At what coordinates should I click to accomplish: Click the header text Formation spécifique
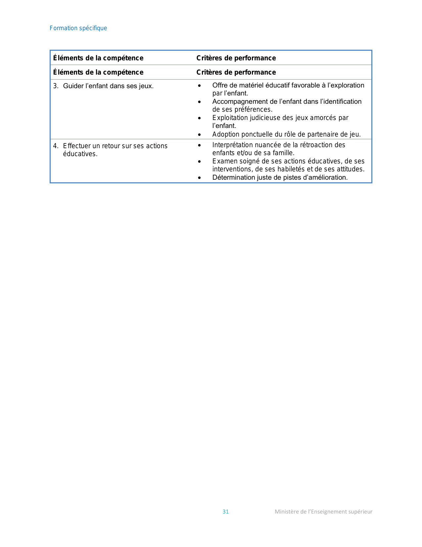(78, 28)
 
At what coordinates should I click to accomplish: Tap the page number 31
(225, 512)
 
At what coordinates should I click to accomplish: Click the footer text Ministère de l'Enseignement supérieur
(323, 512)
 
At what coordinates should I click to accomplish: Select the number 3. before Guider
(56, 86)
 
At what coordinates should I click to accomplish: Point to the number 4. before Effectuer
(56, 146)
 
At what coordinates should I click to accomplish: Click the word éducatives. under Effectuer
(80, 154)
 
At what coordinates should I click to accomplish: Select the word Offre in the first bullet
(220, 86)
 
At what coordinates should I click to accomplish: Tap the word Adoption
(226, 134)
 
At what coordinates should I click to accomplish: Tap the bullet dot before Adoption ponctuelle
(199, 135)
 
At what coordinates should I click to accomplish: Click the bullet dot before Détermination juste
(199, 178)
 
